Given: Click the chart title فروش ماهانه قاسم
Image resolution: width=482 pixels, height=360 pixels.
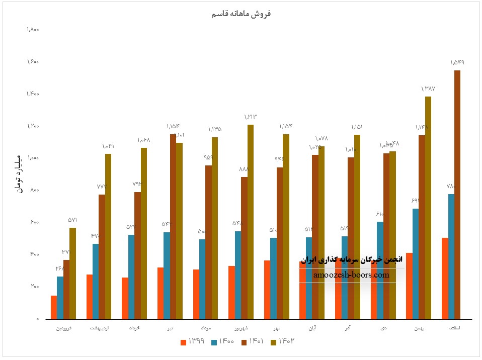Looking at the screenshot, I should [241, 14].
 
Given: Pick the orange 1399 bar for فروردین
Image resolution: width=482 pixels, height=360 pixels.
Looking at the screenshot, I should [54, 307].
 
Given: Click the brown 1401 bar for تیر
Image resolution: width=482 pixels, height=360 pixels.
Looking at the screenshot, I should [173, 227].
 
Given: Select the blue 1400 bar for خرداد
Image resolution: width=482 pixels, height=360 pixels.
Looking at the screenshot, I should [131, 277].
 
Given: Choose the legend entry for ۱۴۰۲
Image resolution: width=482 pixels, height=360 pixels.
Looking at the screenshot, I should [282, 342].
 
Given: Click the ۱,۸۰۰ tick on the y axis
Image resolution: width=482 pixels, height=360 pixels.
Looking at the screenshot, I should [33, 30].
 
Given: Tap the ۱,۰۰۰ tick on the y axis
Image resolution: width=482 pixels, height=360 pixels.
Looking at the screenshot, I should [33, 158].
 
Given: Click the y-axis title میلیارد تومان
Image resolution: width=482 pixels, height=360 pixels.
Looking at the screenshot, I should [19, 172].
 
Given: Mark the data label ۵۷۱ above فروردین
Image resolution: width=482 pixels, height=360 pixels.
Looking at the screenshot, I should [72, 220].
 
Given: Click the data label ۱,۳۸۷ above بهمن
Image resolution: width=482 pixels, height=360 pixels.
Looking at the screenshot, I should [428, 88].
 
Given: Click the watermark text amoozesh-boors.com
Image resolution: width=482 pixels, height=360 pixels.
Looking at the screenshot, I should [351, 275].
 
